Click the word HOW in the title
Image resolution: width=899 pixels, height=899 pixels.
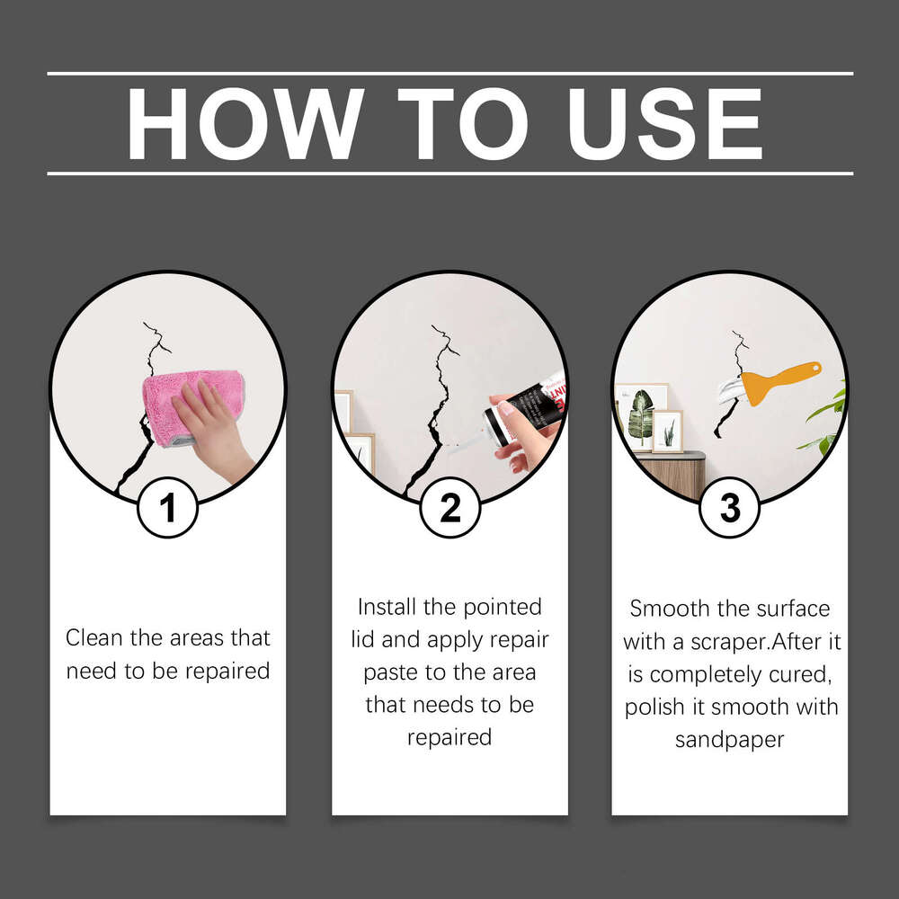tap(244, 124)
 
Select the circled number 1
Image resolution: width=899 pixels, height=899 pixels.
tap(167, 508)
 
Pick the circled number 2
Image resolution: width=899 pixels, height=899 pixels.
tap(449, 508)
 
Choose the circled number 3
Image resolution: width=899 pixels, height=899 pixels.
tap(730, 508)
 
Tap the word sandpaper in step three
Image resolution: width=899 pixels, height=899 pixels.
tap(729, 739)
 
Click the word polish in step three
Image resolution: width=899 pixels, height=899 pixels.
tap(655, 707)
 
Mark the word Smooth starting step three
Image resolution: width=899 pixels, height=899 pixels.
tap(668, 609)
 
